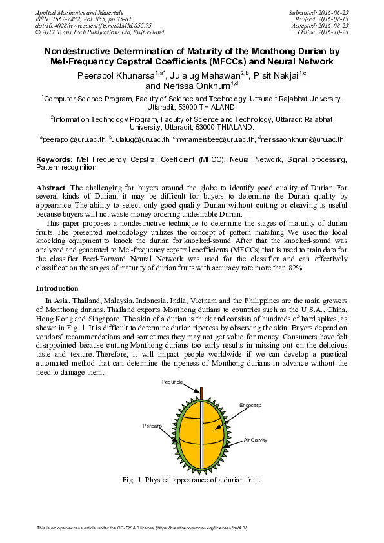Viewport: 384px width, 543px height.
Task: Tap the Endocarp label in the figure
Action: pyautogui.click(x=251, y=405)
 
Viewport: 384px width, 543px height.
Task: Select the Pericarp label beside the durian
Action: pyautogui.click(x=152, y=426)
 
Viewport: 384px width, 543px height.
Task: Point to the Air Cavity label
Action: pyautogui.click(x=255, y=440)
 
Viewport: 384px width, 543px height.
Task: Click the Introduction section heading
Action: pyautogui.click(x=57, y=288)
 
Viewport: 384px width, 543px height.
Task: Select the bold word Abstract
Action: pyautogui.click(x=50, y=186)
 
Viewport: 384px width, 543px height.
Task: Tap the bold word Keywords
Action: pyautogui.click(x=54, y=159)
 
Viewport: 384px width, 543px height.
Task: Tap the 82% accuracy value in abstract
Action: pyautogui.click(x=294, y=268)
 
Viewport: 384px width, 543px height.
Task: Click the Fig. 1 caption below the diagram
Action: pyautogui.click(x=191, y=480)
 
